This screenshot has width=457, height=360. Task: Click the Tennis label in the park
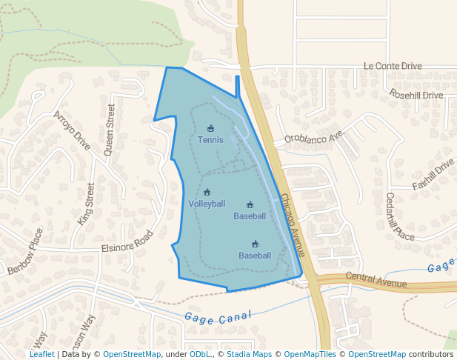click(210, 139)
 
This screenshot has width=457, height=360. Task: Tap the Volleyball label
click(207, 204)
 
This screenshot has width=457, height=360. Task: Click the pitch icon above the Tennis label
click(210, 128)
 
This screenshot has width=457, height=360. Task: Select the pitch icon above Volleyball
click(207, 193)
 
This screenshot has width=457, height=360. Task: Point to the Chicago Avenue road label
click(293, 225)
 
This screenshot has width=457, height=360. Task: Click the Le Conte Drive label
click(392, 66)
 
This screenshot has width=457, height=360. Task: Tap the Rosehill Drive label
click(416, 95)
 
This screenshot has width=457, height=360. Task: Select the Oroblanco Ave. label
click(315, 138)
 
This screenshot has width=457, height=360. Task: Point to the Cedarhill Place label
click(400, 216)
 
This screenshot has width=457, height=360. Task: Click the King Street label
click(86, 204)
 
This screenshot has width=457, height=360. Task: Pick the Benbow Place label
click(25, 253)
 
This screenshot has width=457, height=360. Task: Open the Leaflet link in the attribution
click(41, 354)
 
